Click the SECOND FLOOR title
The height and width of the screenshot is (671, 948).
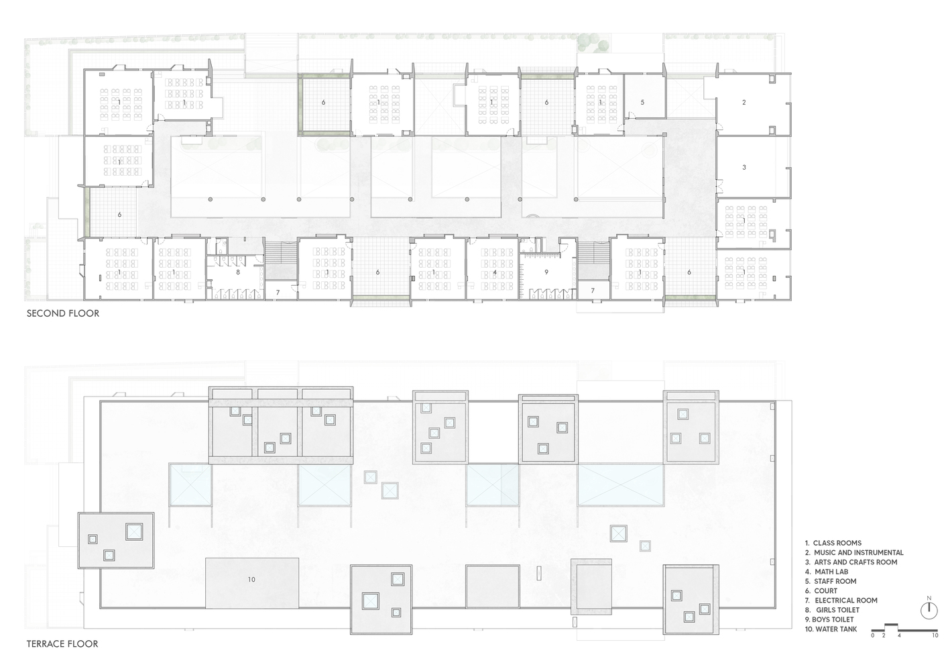[62, 313]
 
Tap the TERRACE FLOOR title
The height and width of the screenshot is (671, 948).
[62, 644]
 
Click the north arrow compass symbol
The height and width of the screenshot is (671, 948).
[929, 610]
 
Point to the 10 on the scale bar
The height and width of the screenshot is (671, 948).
[935, 635]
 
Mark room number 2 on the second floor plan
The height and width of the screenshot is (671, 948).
[744, 103]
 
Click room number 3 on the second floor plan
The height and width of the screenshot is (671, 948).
[744, 167]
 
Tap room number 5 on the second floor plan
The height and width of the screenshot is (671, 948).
[642, 103]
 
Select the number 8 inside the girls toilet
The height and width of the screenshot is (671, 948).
[237, 272]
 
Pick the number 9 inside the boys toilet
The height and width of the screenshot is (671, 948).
[546, 272]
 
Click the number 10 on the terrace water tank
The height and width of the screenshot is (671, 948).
[251, 579]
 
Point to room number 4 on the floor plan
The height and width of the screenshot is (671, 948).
[495, 272]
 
